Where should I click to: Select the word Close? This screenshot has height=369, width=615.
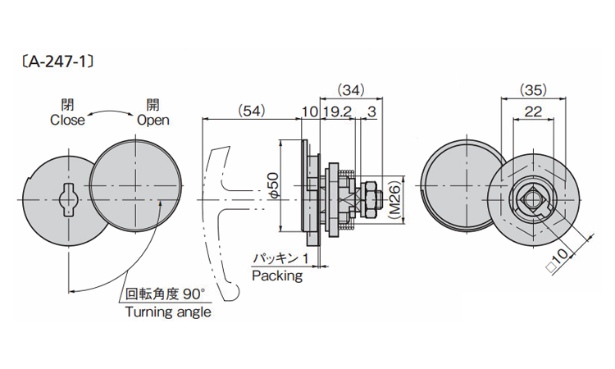(x=67, y=120)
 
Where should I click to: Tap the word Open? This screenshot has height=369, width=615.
(x=153, y=120)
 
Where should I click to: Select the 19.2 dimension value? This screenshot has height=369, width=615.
(x=336, y=111)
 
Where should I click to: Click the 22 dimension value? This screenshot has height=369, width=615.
(x=535, y=111)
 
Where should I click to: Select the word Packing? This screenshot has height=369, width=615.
(x=276, y=276)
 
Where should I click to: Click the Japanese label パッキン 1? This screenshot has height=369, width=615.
(x=280, y=258)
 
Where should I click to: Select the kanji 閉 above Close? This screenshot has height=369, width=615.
(x=67, y=105)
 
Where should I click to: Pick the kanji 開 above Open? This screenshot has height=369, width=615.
(x=153, y=105)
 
